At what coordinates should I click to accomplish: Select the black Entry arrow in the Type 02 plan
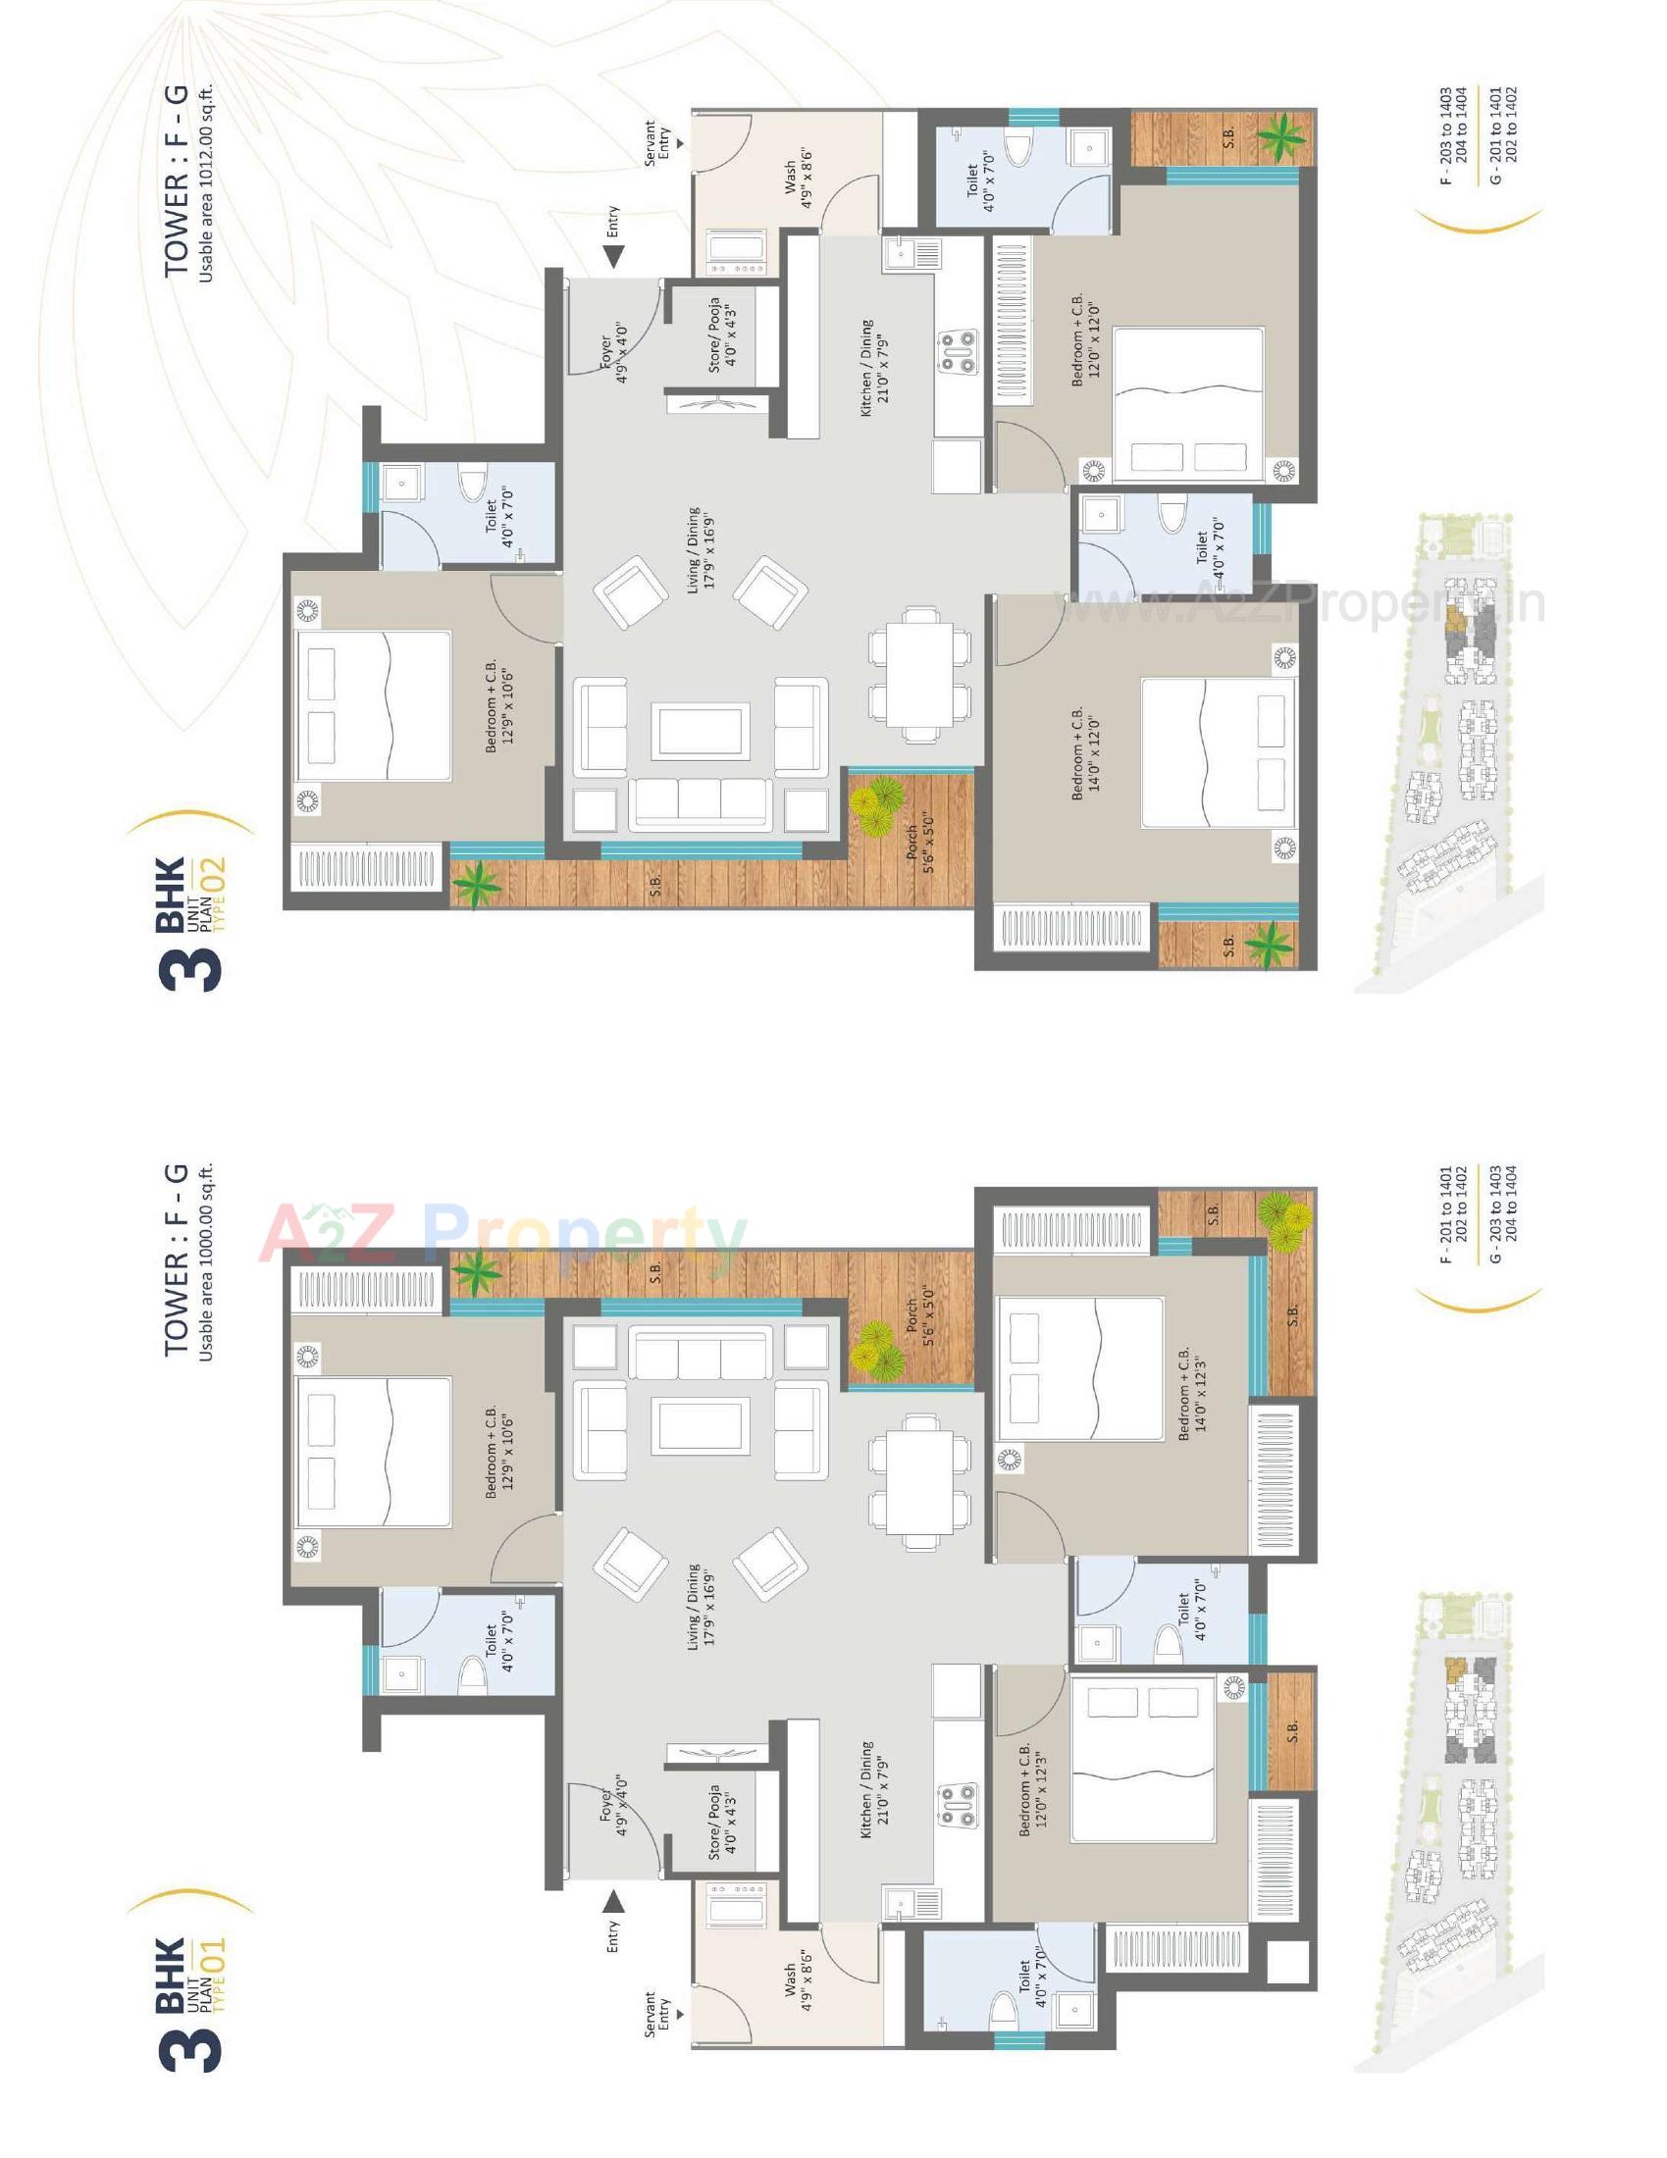[x=613, y=257]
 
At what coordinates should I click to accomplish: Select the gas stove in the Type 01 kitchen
[x=957, y=1805]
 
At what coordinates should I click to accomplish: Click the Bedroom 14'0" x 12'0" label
[x=1085, y=753]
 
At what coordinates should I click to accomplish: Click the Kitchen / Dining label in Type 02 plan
[x=872, y=368]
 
